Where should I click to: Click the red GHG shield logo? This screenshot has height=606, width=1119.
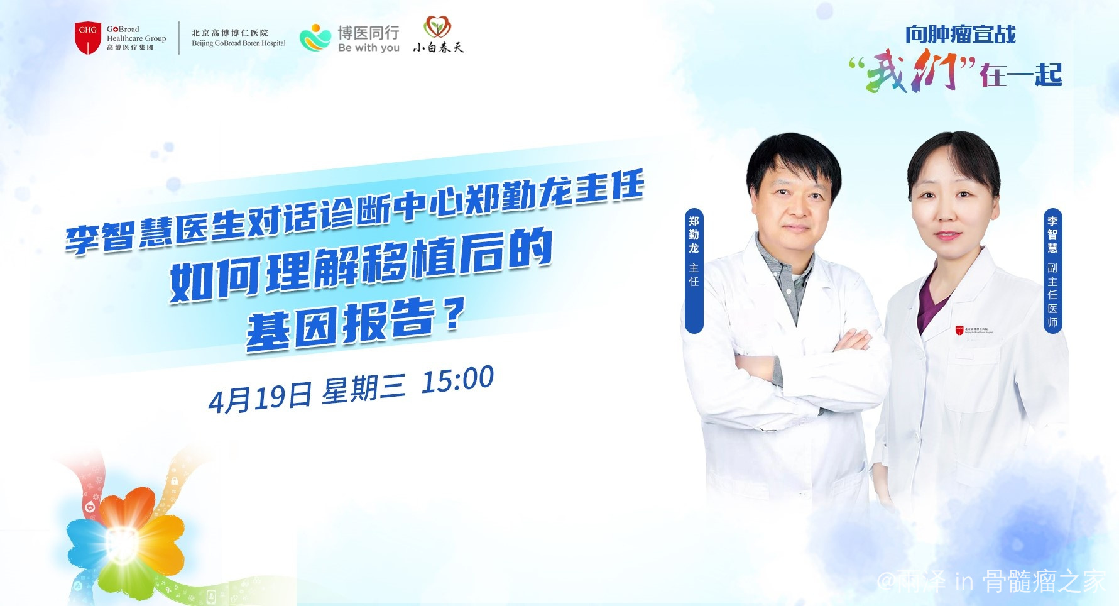[88, 38]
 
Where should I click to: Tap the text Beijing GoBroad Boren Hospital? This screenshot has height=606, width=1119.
[239, 43]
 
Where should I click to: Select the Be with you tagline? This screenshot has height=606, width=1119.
[369, 48]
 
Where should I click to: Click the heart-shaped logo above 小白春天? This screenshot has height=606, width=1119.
[437, 27]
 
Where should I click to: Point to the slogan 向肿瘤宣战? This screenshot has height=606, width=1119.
[960, 35]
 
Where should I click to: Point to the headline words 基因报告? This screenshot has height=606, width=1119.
[341, 324]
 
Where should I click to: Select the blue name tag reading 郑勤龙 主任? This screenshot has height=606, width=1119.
[694, 270]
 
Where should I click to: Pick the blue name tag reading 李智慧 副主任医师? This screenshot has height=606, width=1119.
[1052, 270]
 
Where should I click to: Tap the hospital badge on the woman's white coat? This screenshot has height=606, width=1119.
[974, 330]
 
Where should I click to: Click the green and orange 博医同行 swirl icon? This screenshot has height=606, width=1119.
[315, 37]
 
